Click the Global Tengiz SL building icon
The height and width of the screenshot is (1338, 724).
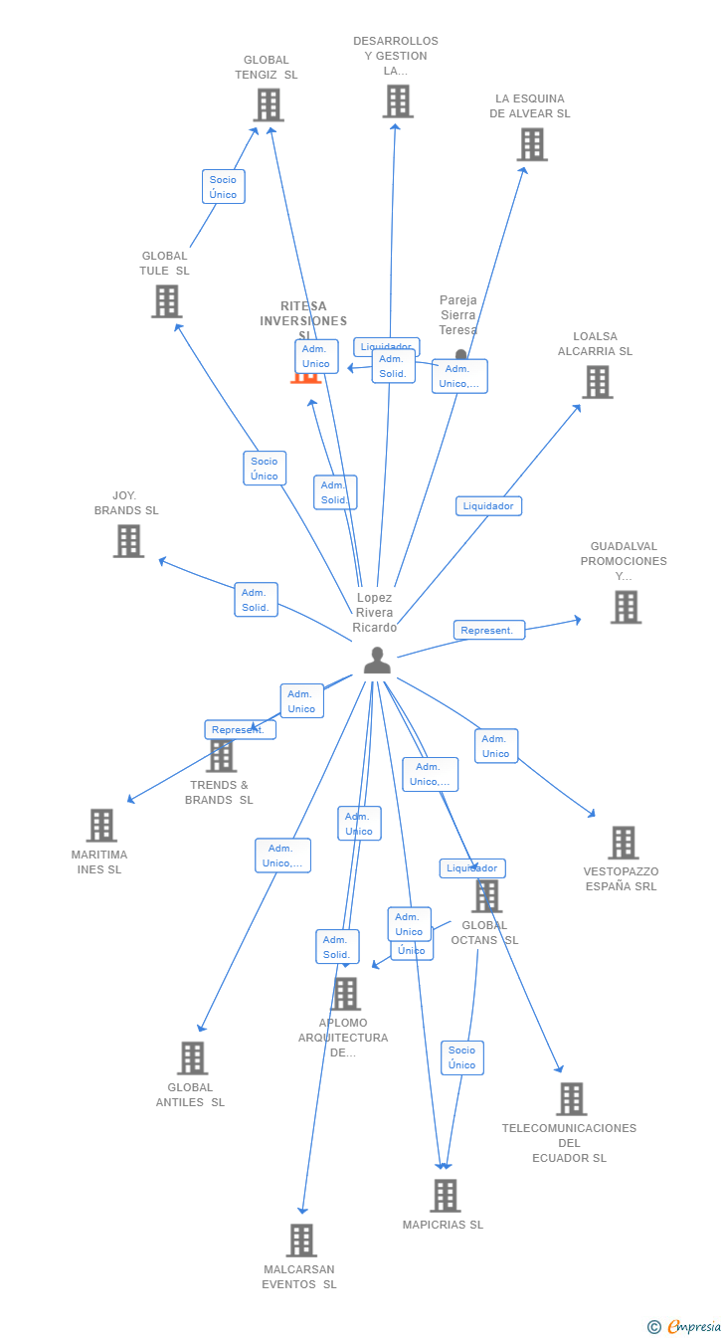point(268,104)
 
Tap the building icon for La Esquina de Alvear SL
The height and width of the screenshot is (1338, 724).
point(532,144)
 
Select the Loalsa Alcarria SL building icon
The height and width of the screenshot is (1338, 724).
point(597,382)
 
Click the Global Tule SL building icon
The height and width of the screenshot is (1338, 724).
point(166,300)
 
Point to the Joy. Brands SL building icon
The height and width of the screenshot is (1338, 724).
point(128,541)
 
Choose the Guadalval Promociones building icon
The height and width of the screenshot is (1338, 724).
point(626,607)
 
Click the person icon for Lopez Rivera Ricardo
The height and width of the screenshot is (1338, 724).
point(377,660)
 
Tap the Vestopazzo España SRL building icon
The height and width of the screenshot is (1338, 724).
point(623,843)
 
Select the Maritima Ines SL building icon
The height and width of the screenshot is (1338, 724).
point(101,825)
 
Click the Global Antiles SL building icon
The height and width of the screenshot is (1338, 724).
point(193,1057)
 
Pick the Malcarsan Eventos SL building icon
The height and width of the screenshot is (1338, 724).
point(301,1241)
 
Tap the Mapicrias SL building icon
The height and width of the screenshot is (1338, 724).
point(445,1195)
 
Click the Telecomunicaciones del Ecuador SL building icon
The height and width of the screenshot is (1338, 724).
point(571,1099)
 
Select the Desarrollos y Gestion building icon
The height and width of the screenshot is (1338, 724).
point(397,100)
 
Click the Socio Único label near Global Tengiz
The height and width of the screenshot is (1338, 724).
point(224,187)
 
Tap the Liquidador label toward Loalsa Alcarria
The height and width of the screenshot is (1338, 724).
point(488,505)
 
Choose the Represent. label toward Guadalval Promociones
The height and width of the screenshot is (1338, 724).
point(488,630)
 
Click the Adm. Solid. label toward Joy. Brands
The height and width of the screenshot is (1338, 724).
point(256,600)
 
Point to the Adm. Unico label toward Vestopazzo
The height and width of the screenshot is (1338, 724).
point(496,746)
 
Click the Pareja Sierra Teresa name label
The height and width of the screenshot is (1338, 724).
point(458,314)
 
